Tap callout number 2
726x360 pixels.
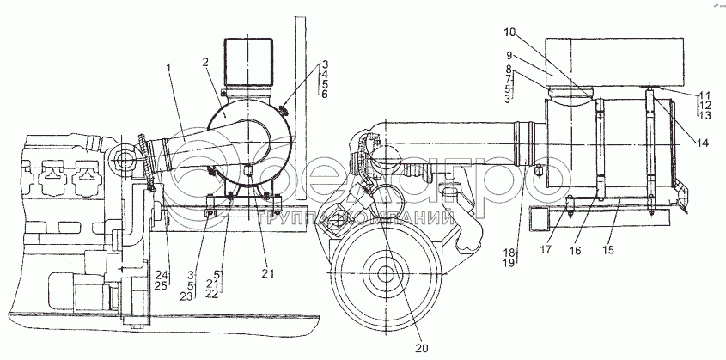[x=207, y=63]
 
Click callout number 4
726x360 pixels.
[x=325, y=74]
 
